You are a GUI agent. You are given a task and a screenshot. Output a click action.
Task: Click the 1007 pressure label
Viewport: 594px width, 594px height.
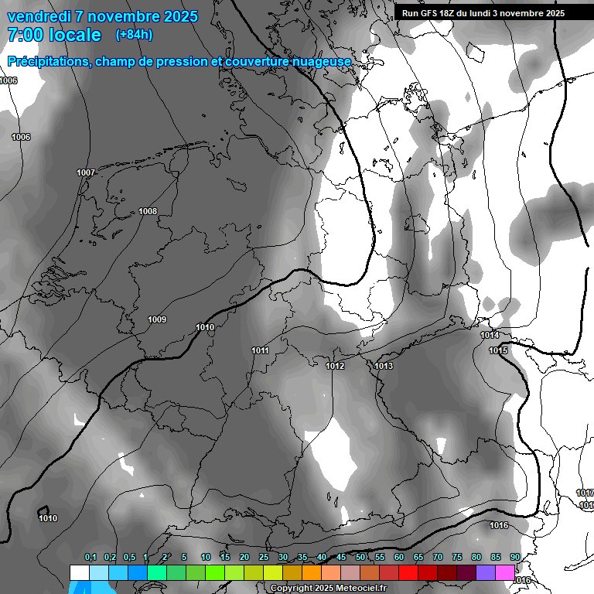(x=86, y=172)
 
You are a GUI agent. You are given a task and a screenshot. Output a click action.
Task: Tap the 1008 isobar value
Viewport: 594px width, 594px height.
(x=148, y=212)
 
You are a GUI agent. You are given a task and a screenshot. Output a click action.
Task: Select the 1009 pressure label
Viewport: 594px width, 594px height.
(x=157, y=319)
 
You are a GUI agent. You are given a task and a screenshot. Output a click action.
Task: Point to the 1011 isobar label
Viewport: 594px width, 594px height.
(x=260, y=351)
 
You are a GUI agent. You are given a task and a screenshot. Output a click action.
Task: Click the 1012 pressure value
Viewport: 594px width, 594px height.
(x=335, y=366)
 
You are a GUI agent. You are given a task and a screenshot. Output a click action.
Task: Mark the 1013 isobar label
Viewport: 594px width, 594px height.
(x=384, y=366)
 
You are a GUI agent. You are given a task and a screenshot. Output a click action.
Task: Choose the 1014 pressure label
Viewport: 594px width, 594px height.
(x=490, y=336)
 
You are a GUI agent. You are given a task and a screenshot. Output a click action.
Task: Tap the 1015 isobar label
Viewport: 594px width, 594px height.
(x=498, y=351)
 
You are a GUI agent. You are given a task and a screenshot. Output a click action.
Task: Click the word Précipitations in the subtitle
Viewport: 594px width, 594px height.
(x=48, y=62)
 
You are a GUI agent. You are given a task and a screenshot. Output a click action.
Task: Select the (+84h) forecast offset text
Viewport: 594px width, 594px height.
(x=134, y=34)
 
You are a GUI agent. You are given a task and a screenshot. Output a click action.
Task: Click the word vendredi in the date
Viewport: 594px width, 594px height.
(x=39, y=16)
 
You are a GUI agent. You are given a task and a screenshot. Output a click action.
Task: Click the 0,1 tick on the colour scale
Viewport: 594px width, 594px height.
(x=90, y=558)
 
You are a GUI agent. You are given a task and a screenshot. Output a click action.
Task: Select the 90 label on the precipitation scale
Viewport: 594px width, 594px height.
(x=514, y=558)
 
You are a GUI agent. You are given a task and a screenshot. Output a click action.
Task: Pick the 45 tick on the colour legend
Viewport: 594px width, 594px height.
(x=341, y=558)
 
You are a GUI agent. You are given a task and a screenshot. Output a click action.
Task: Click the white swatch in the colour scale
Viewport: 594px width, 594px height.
(x=79, y=572)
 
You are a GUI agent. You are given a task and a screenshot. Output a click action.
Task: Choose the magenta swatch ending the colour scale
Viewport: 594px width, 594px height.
(x=505, y=572)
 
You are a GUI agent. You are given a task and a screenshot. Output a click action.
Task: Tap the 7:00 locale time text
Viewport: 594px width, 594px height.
(x=54, y=35)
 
